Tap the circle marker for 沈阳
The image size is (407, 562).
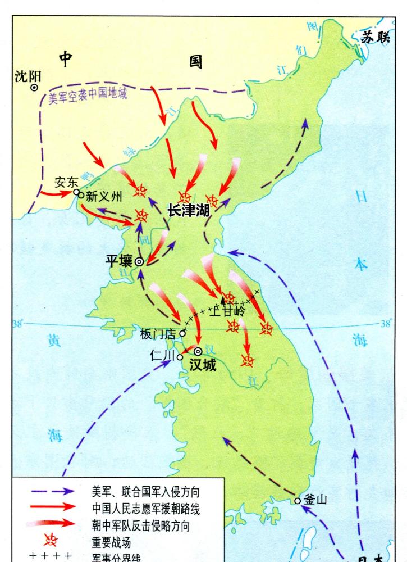[x=34, y=88]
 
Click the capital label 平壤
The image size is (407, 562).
[x=118, y=260]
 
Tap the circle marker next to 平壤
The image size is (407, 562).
[x=138, y=261]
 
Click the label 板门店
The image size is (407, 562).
[x=158, y=333]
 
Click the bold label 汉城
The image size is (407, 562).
[x=202, y=364]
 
